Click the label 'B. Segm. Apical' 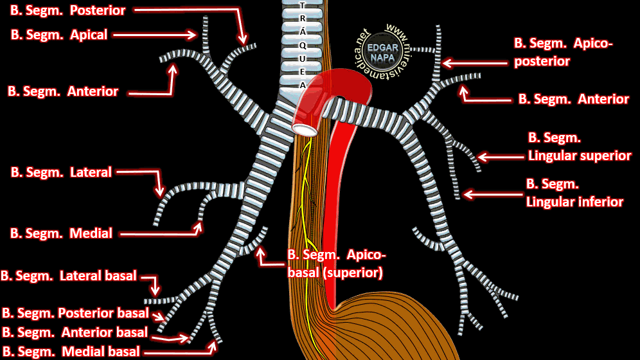(59, 35)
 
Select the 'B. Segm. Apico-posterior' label (564, 52)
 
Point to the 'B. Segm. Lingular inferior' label (574, 193)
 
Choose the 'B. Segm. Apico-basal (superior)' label (337, 264)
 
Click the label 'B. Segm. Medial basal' (70, 352)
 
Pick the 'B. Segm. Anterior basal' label (75, 332)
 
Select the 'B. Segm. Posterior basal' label (75, 313)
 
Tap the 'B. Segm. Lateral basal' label (69, 276)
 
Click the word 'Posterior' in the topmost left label (98, 10)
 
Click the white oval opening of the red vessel (305, 129)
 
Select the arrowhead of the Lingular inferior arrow (467, 194)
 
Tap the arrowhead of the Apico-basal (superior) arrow (260, 252)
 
